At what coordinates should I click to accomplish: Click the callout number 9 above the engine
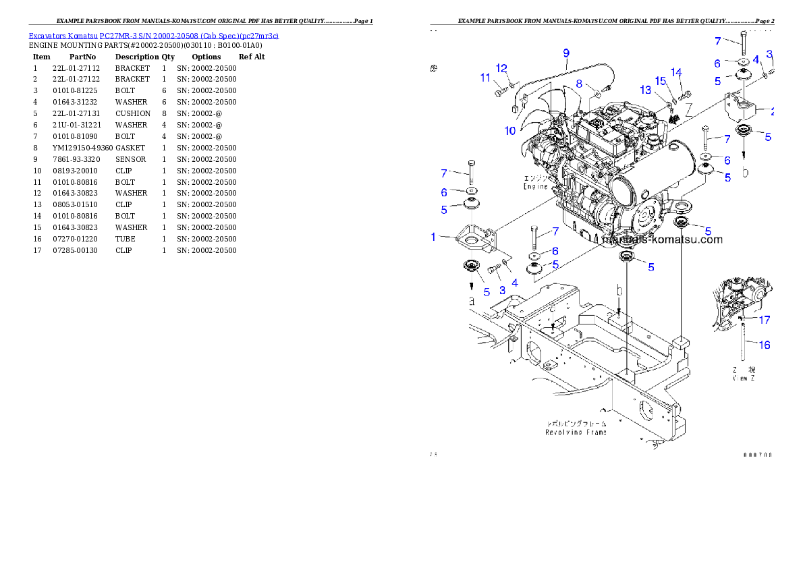tap(566, 53)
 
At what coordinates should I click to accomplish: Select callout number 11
tap(485, 78)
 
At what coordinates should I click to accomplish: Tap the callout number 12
tap(501, 68)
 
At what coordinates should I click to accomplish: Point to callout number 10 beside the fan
tap(510, 130)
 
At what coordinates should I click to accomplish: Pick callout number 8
tap(579, 84)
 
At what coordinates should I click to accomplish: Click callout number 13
tap(646, 90)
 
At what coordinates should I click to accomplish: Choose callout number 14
tap(676, 72)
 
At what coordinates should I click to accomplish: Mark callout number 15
tap(661, 81)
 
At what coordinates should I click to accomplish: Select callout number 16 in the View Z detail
tap(764, 345)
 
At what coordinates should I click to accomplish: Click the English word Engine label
tap(536, 186)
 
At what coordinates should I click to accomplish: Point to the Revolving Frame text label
tap(576, 432)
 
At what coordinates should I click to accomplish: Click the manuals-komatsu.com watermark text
tap(662, 239)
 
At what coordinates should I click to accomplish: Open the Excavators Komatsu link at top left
tap(153, 36)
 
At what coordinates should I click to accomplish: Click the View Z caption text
tap(744, 379)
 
